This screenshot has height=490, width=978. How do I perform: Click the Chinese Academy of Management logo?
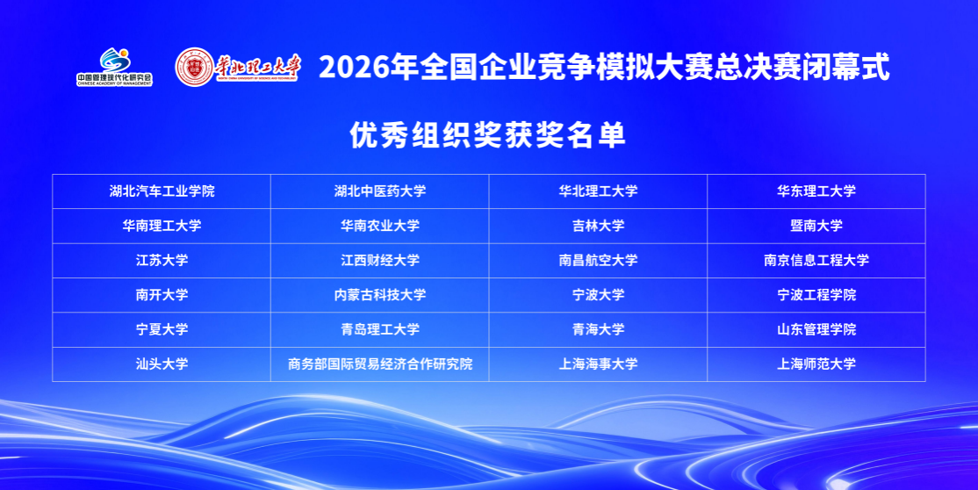pos(115,66)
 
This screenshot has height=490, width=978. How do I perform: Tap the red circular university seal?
pos(194,67)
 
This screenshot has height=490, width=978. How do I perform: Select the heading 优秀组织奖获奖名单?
pos(487,134)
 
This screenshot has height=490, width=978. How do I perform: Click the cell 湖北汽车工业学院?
pos(162,191)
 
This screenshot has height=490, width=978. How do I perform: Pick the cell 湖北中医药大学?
pos(380,191)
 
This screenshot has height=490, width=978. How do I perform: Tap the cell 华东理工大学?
pos(816,191)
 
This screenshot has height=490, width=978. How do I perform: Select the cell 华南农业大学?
pos(380,226)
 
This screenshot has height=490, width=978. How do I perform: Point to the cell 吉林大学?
pos(598,226)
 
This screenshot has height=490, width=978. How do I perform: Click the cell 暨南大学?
pos(816,226)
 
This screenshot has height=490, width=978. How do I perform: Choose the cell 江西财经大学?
pos(380,260)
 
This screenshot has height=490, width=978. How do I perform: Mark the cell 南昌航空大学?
pos(598,260)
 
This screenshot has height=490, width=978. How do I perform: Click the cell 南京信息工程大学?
pos(816,260)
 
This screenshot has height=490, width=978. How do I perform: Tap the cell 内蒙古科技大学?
pos(380,295)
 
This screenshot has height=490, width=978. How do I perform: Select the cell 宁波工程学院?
pos(816,295)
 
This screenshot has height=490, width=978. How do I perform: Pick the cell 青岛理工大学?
pos(380,329)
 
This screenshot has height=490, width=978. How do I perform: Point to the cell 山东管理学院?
pos(816,329)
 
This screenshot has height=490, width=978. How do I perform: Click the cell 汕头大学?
pos(162,364)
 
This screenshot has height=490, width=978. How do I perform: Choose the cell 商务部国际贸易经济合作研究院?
pos(380,364)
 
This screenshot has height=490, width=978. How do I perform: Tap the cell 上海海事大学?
pos(598,364)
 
